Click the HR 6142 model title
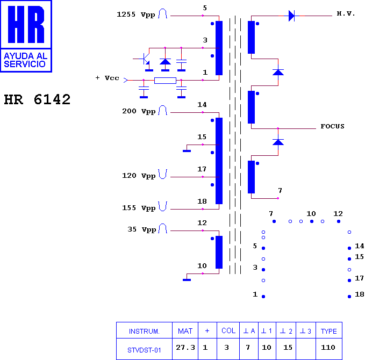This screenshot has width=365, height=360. [37, 99]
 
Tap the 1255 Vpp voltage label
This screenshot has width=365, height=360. [136, 15]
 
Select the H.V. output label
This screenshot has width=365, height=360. [346, 13]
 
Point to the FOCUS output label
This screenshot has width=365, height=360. [332, 126]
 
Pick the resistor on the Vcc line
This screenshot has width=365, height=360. [165, 81]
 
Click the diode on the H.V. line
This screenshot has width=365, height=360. [292, 16]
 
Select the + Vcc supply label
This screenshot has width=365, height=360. [108, 78]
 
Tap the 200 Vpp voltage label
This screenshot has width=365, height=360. [139, 111]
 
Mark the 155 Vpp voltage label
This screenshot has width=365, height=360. [139, 208]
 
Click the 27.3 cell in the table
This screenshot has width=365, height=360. [185, 348]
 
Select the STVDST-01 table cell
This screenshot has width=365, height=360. [144, 350]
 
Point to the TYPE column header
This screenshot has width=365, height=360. [328, 331]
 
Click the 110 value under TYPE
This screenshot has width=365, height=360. [328, 348]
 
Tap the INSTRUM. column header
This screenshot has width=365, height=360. [144, 331]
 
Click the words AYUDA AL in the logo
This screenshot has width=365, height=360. [26, 56]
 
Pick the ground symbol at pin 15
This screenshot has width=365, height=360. [187, 148]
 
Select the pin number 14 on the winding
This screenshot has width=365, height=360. [202, 105]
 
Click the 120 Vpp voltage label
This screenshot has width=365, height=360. [139, 176]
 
